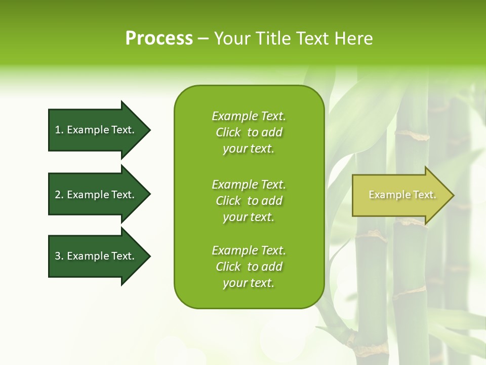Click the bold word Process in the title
pyautogui.click(x=159, y=39)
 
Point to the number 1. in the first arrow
pyautogui.click(x=59, y=130)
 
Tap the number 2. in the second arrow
pyautogui.click(x=59, y=195)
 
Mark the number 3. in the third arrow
pyautogui.click(x=59, y=256)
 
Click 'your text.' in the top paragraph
pyautogui.click(x=249, y=149)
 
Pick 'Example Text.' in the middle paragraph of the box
pyautogui.click(x=249, y=184)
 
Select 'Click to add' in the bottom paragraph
pyautogui.click(x=249, y=267)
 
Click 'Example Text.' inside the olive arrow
pyautogui.click(x=402, y=195)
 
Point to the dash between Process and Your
pyautogui.click(x=203, y=39)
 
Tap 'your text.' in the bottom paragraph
pyautogui.click(x=249, y=283)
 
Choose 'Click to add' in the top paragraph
pyautogui.click(x=249, y=132)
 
